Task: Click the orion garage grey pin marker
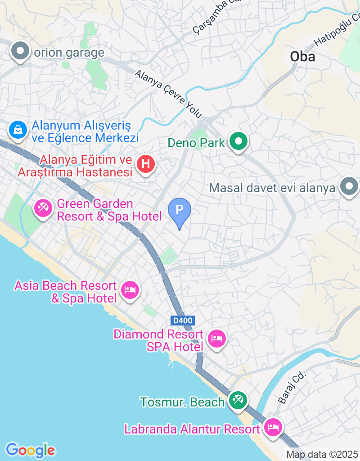tap(20, 51)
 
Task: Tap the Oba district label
tap(302, 57)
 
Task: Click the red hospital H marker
tap(145, 163)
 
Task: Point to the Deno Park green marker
tap(238, 142)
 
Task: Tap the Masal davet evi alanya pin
tap(349, 187)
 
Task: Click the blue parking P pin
tap(180, 211)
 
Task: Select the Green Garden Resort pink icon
tap(44, 208)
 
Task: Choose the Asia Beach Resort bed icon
tap(130, 290)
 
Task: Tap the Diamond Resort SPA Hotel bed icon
tap(217, 339)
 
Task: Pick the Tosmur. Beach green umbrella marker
tap(237, 400)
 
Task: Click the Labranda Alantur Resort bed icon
tap(273, 426)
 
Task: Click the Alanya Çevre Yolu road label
tap(168, 94)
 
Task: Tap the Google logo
tap(30, 450)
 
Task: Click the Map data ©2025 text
tap(322, 454)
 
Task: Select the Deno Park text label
tap(196, 143)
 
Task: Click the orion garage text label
tap(69, 53)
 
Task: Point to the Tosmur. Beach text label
tap(182, 402)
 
